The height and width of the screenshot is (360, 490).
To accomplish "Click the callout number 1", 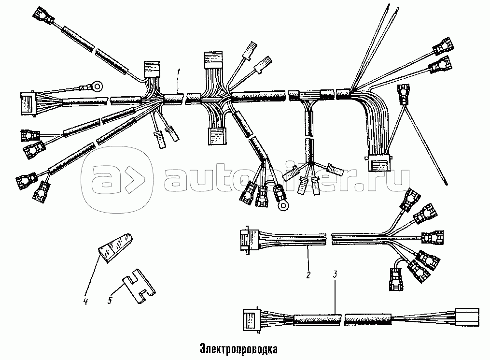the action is click(x=179, y=72).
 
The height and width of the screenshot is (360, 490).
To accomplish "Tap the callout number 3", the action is click(x=335, y=274).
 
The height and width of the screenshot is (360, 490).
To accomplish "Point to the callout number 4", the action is click(x=85, y=301).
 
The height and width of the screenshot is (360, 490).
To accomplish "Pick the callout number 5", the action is click(x=110, y=301).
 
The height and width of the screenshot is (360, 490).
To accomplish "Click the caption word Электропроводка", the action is click(x=238, y=349).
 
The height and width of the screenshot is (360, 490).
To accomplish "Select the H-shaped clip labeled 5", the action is click(x=139, y=286).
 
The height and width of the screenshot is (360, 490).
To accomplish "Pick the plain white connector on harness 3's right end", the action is click(x=467, y=317).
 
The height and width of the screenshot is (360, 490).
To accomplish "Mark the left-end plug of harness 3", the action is click(x=251, y=320).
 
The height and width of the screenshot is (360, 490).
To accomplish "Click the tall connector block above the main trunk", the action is click(x=213, y=60).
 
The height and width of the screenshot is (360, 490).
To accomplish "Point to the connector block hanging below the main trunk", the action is click(x=217, y=135).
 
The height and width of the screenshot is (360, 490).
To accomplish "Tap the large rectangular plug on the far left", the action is click(x=27, y=104).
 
